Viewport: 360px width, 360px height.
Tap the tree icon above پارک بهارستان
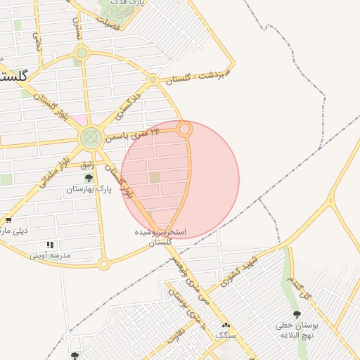click(89, 179)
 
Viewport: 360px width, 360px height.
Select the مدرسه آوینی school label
click(50, 255)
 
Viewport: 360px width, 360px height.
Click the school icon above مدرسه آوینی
click(50, 245)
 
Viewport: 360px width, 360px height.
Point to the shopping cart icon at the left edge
click(8, 220)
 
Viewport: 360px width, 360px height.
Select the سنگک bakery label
click(226, 335)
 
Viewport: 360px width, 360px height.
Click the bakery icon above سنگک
click(226, 326)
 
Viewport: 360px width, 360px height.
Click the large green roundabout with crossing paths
click(91, 137)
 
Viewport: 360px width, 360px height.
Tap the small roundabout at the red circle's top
click(184, 129)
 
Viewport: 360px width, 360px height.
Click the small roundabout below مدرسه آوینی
click(104, 264)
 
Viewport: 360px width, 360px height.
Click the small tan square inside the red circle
click(155, 177)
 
